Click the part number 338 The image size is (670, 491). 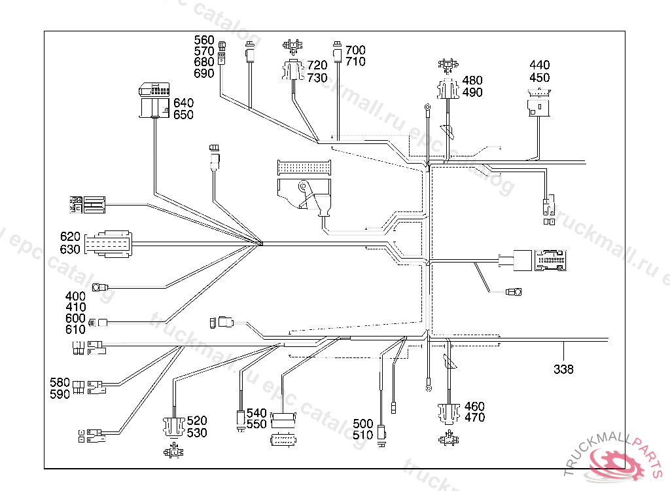point(563,369)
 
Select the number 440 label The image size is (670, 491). point(540,65)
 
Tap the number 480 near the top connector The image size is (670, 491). point(472,81)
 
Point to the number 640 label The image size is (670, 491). point(183,103)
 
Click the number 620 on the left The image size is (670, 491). point(70,237)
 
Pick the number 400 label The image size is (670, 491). point(75,297)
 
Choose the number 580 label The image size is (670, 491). point(60,382)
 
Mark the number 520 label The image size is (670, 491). point(197,421)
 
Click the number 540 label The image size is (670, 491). point(256,413)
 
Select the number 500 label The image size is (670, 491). point(362,424)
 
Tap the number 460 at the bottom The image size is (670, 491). point(474,407)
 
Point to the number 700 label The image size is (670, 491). point(355,50)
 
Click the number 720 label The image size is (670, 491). point(317,65)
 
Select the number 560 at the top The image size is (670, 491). point(204,39)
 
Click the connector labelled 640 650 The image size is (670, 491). point(154,101)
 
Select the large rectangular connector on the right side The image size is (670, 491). point(544,260)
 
